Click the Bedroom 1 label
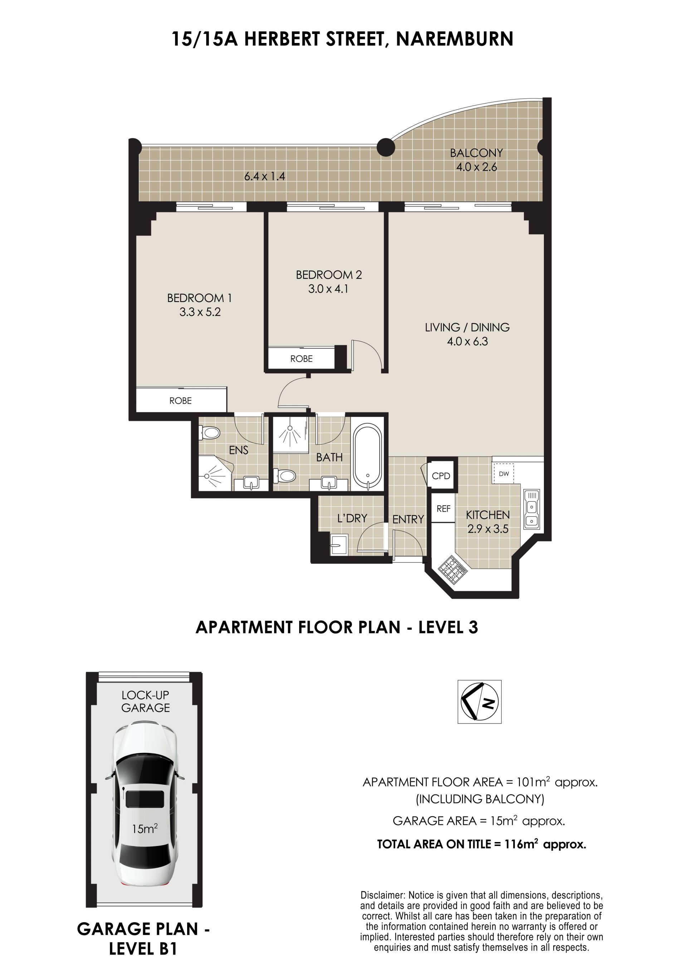click(x=199, y=298)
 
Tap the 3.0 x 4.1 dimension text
click(x=328, y=289)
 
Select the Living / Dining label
click(x=467, y=327)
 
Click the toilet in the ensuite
click(x=210, y=433)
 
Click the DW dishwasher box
click(x=503, y=473)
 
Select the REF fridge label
click(x=443, y=508)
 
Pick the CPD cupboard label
click(x=441, y=476)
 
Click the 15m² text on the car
click(x=145, y=828)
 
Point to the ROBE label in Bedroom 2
click(x=301, y=359)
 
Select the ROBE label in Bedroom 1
click(x=180, y=400)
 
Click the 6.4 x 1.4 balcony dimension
click(x=264, y=176)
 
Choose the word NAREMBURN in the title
click(x=454, y=39)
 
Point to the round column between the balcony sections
click(x=386, y=148)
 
